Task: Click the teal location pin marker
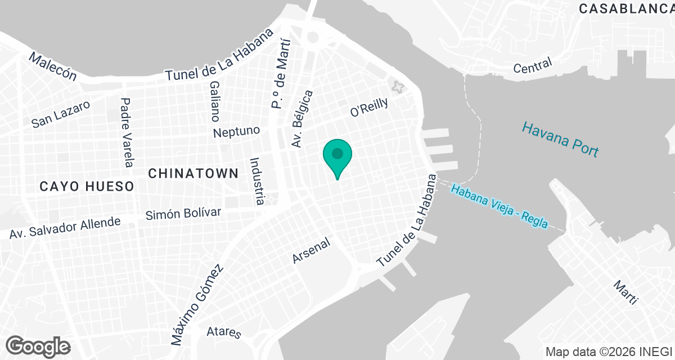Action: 337,155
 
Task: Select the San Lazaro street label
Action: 61,114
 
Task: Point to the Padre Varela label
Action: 127,132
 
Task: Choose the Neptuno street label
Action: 236,132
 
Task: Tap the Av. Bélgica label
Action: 301,119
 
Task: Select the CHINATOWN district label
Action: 193,174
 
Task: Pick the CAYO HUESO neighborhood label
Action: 87,186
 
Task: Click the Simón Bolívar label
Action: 183,213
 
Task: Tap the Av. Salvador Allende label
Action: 65,227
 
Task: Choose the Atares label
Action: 224,332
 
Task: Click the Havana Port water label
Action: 560,139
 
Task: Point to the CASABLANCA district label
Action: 626,8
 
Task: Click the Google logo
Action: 38,345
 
